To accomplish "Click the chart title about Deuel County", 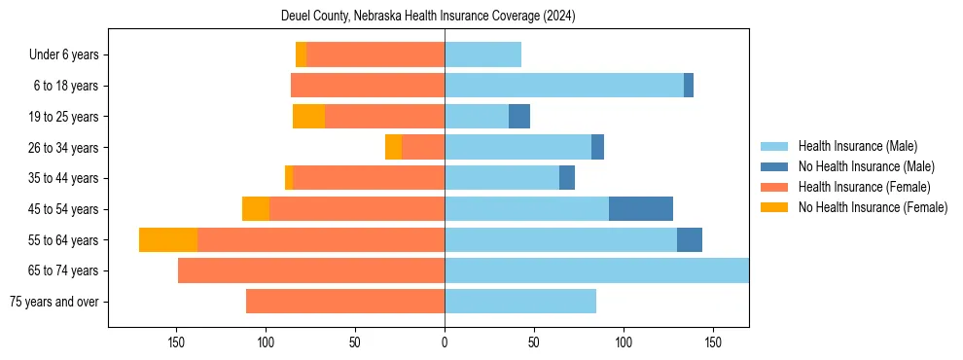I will pos(428,17).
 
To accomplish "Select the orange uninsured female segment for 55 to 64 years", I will pos(168,239).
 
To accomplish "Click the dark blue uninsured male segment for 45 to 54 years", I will pos(641,209).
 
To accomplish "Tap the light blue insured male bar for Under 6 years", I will pos(482,54).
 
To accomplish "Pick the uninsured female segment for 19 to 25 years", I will pos(308,117).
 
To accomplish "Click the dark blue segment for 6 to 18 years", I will pos(689,86).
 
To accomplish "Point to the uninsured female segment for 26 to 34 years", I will pos(393,147).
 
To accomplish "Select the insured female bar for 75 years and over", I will pos(345,302).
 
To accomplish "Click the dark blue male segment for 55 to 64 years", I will pos(690,239).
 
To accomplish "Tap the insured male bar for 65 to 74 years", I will pos(596,270).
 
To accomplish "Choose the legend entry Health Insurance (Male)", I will pos(857,146).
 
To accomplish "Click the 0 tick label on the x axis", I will pos(445,342).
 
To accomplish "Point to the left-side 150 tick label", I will pos(176,342).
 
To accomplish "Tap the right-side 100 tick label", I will pos(624,342).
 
